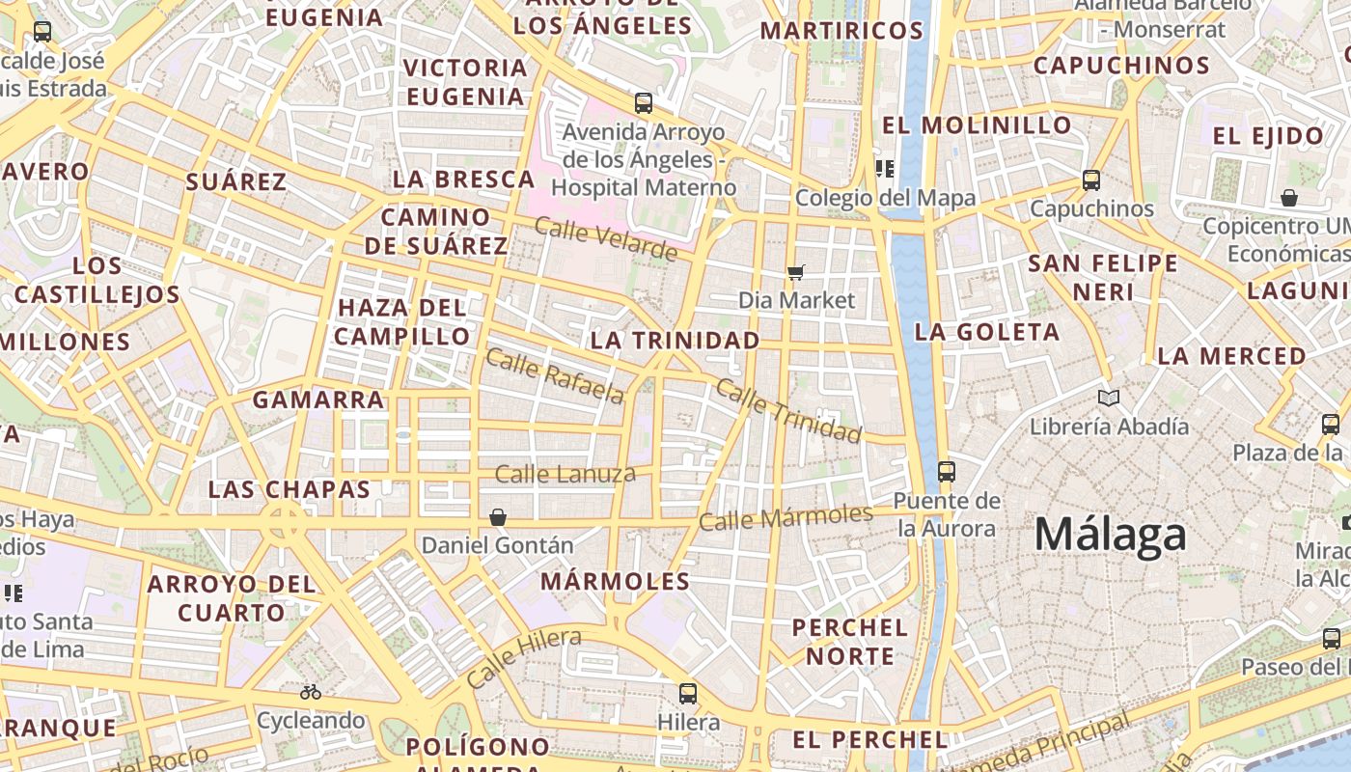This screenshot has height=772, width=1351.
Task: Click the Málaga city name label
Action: pos(1110,534)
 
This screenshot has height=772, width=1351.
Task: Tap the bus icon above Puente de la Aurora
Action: pos(946,472)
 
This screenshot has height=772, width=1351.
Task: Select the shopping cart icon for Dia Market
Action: pos(795,272)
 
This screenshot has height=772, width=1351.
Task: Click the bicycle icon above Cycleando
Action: pos(311,692)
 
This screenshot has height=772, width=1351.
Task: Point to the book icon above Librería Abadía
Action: pos(1109,398)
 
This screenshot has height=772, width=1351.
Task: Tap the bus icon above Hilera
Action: pos(687,693)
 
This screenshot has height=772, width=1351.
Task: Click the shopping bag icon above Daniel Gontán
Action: pos(498,517)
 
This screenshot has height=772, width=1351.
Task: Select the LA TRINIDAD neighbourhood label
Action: pos(675,341)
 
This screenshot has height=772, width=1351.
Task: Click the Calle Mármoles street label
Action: pos(786,518)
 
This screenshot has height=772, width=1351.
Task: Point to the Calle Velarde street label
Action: pos(605,239)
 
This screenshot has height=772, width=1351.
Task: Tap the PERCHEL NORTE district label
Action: pos(850,642)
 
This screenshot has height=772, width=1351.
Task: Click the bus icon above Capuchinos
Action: pos(1090,180)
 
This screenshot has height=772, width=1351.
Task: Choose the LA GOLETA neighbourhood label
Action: pos(986,332)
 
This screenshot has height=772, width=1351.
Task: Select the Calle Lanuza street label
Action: pos(565,474)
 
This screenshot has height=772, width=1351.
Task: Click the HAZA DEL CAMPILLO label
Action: pos(402,321)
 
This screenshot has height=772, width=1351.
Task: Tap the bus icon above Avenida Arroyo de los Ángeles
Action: pos(644,102)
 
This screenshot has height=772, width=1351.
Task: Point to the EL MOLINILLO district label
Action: pos(977,125)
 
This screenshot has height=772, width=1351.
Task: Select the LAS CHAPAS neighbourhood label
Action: pos(289,489)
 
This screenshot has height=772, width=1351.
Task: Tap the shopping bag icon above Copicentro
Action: pos(1288,198)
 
